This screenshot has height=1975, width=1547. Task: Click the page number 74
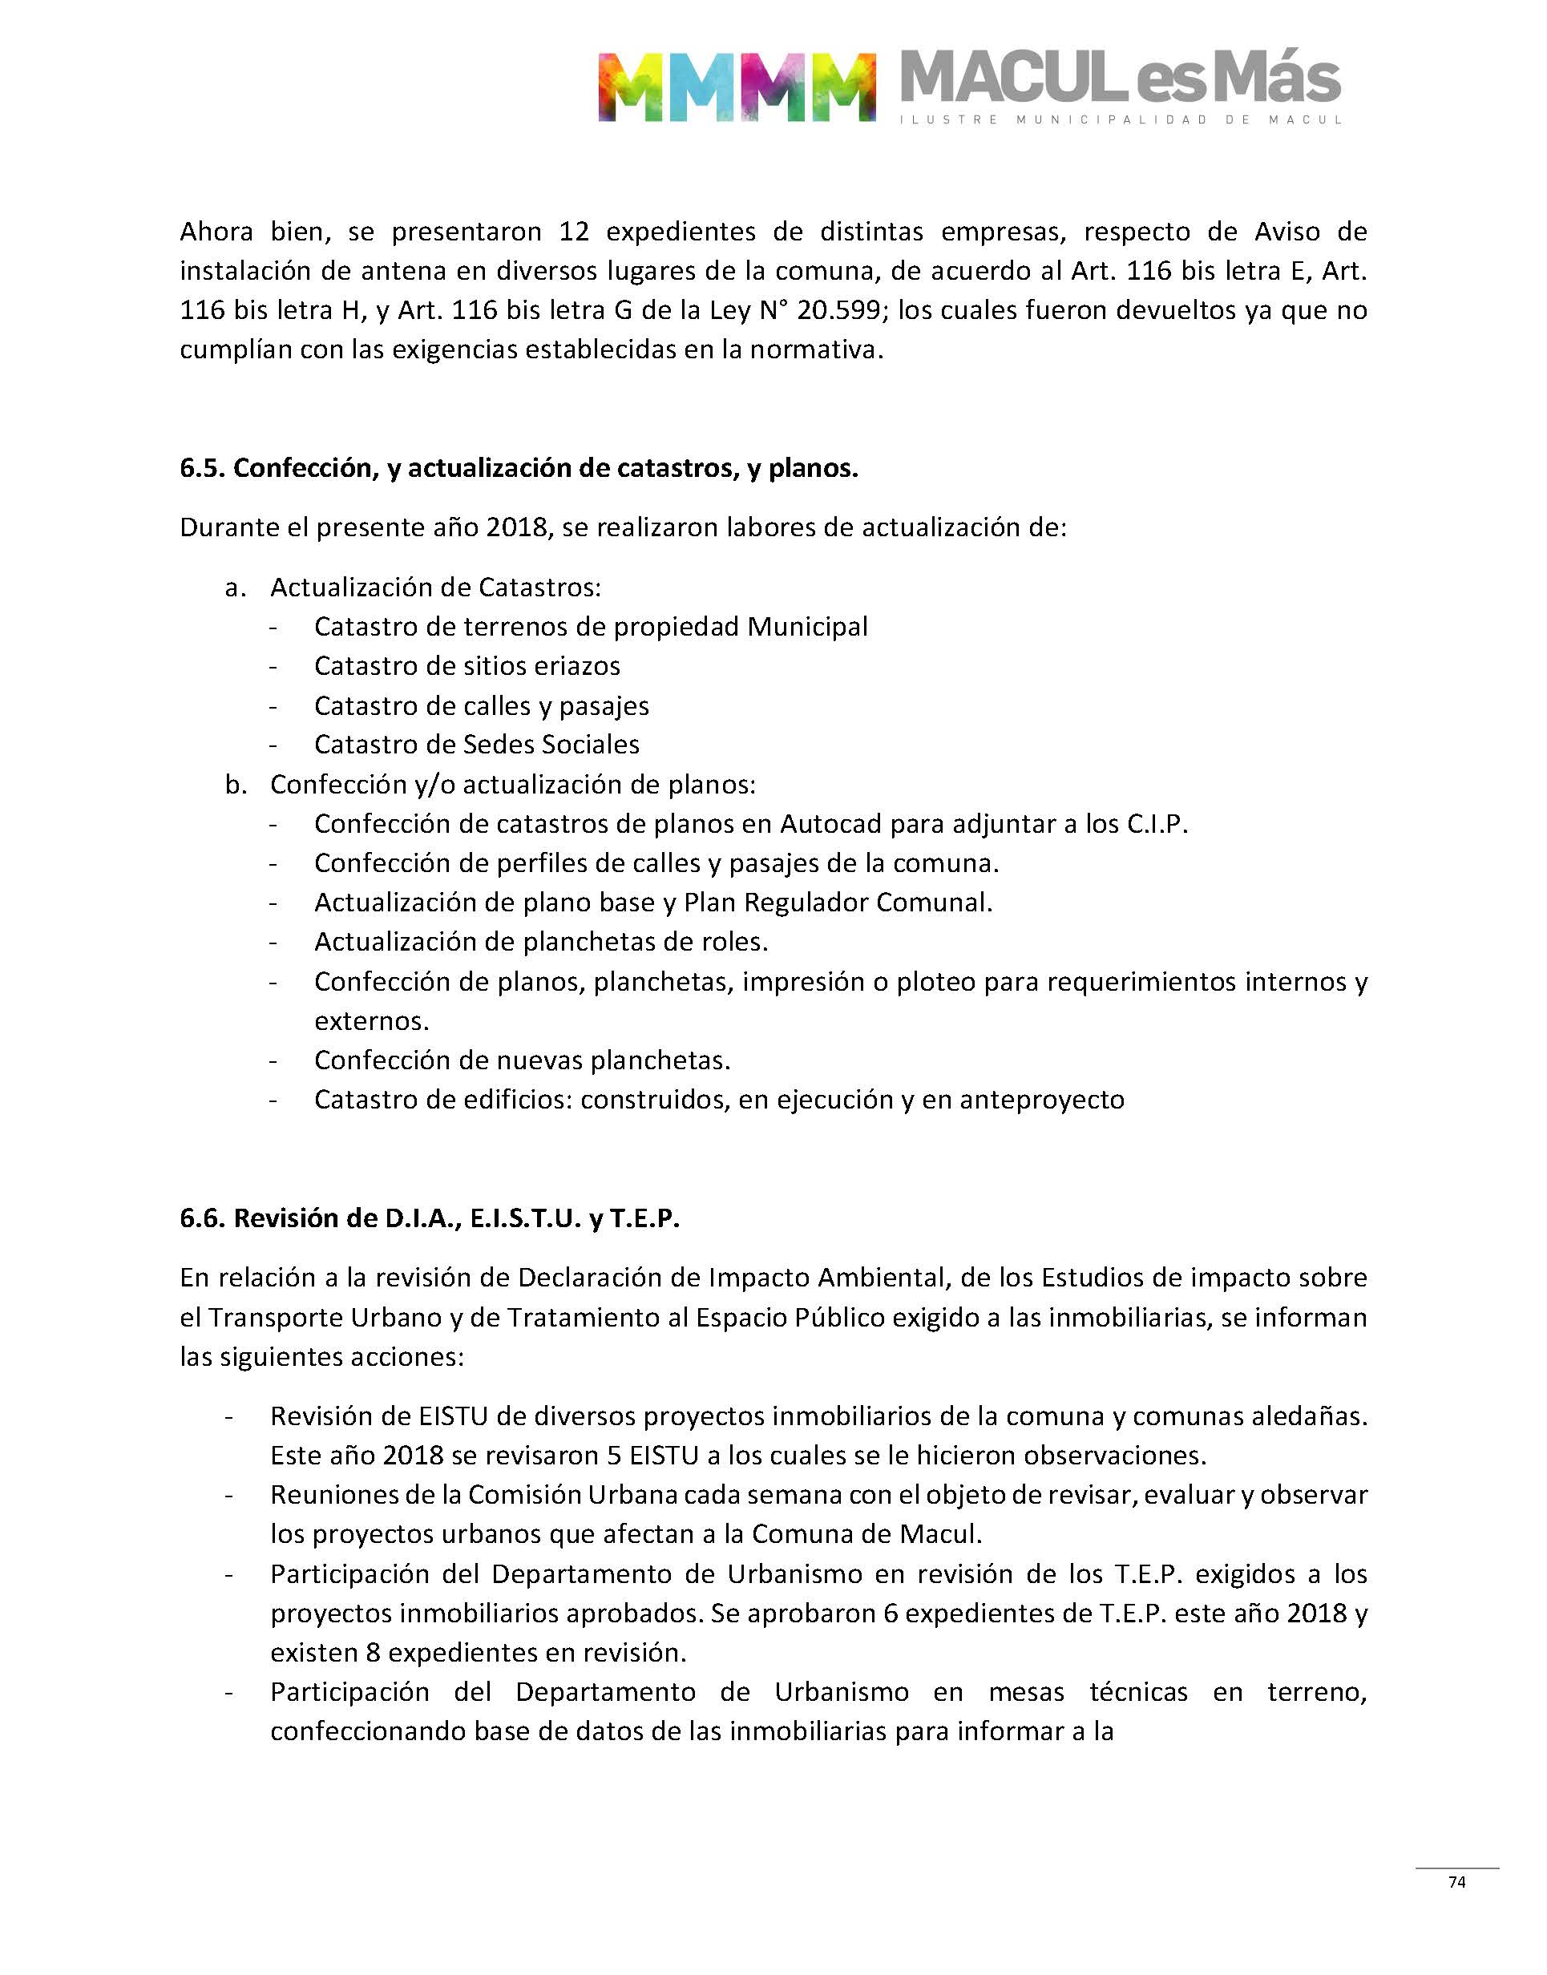click(x=1456, y=1882)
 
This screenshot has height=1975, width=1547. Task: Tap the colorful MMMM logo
click(x=737, y=87)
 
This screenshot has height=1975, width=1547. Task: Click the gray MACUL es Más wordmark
click(x=1121, y=79)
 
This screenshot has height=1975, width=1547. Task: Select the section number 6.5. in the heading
click(x=202, y=468)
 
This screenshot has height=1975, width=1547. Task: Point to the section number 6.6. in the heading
click(x=202, y=1218)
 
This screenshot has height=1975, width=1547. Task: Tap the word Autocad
click(x=831, y=824)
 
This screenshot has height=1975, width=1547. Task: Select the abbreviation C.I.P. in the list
click(x=1157, y=824)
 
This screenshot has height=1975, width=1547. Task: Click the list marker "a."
click(x=236, y=588)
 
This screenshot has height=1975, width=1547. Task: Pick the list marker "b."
click(x=236, y=784)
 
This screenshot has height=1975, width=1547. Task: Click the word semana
click(x=798, y=1494)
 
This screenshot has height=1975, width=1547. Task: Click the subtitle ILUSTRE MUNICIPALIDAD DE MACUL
click(x=1121, y=119)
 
